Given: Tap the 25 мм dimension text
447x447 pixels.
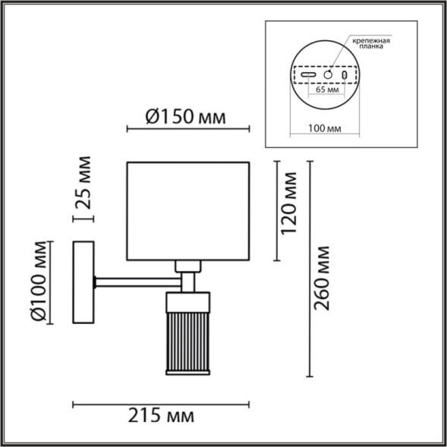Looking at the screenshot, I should point(85,182).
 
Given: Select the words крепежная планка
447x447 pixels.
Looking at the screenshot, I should point(370,42).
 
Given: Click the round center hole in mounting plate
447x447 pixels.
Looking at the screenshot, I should point(328,74).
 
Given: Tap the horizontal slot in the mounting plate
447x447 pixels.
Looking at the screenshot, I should point(308,75).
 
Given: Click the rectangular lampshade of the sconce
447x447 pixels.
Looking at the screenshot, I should point(187,209).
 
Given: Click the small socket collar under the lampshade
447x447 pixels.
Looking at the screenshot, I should point(187,266).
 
